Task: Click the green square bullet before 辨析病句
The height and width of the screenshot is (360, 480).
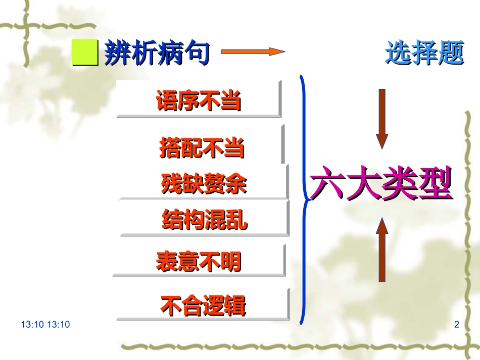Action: click(84, 53)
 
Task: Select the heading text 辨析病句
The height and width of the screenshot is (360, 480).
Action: click(156, 53)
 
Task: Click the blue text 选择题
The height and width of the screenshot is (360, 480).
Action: click(424, 53)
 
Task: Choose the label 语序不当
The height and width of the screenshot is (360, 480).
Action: click(199, 100)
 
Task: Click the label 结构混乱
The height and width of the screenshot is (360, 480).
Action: click(205, 220)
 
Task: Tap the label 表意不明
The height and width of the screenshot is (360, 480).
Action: click(199, 261)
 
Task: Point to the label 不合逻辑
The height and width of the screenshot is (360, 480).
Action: click(203, 305)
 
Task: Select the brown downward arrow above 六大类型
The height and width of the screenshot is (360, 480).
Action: click(382, 119)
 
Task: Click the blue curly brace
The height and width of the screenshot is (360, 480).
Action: click(304, 199)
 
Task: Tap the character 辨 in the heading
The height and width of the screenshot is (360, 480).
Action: click(116, 53)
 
